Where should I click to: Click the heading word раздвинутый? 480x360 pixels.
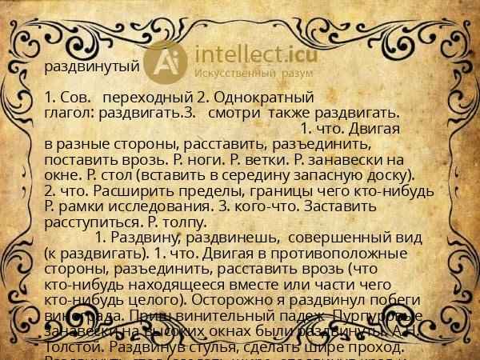click(92, 66)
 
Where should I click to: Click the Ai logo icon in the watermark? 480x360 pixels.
click(170, 61)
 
